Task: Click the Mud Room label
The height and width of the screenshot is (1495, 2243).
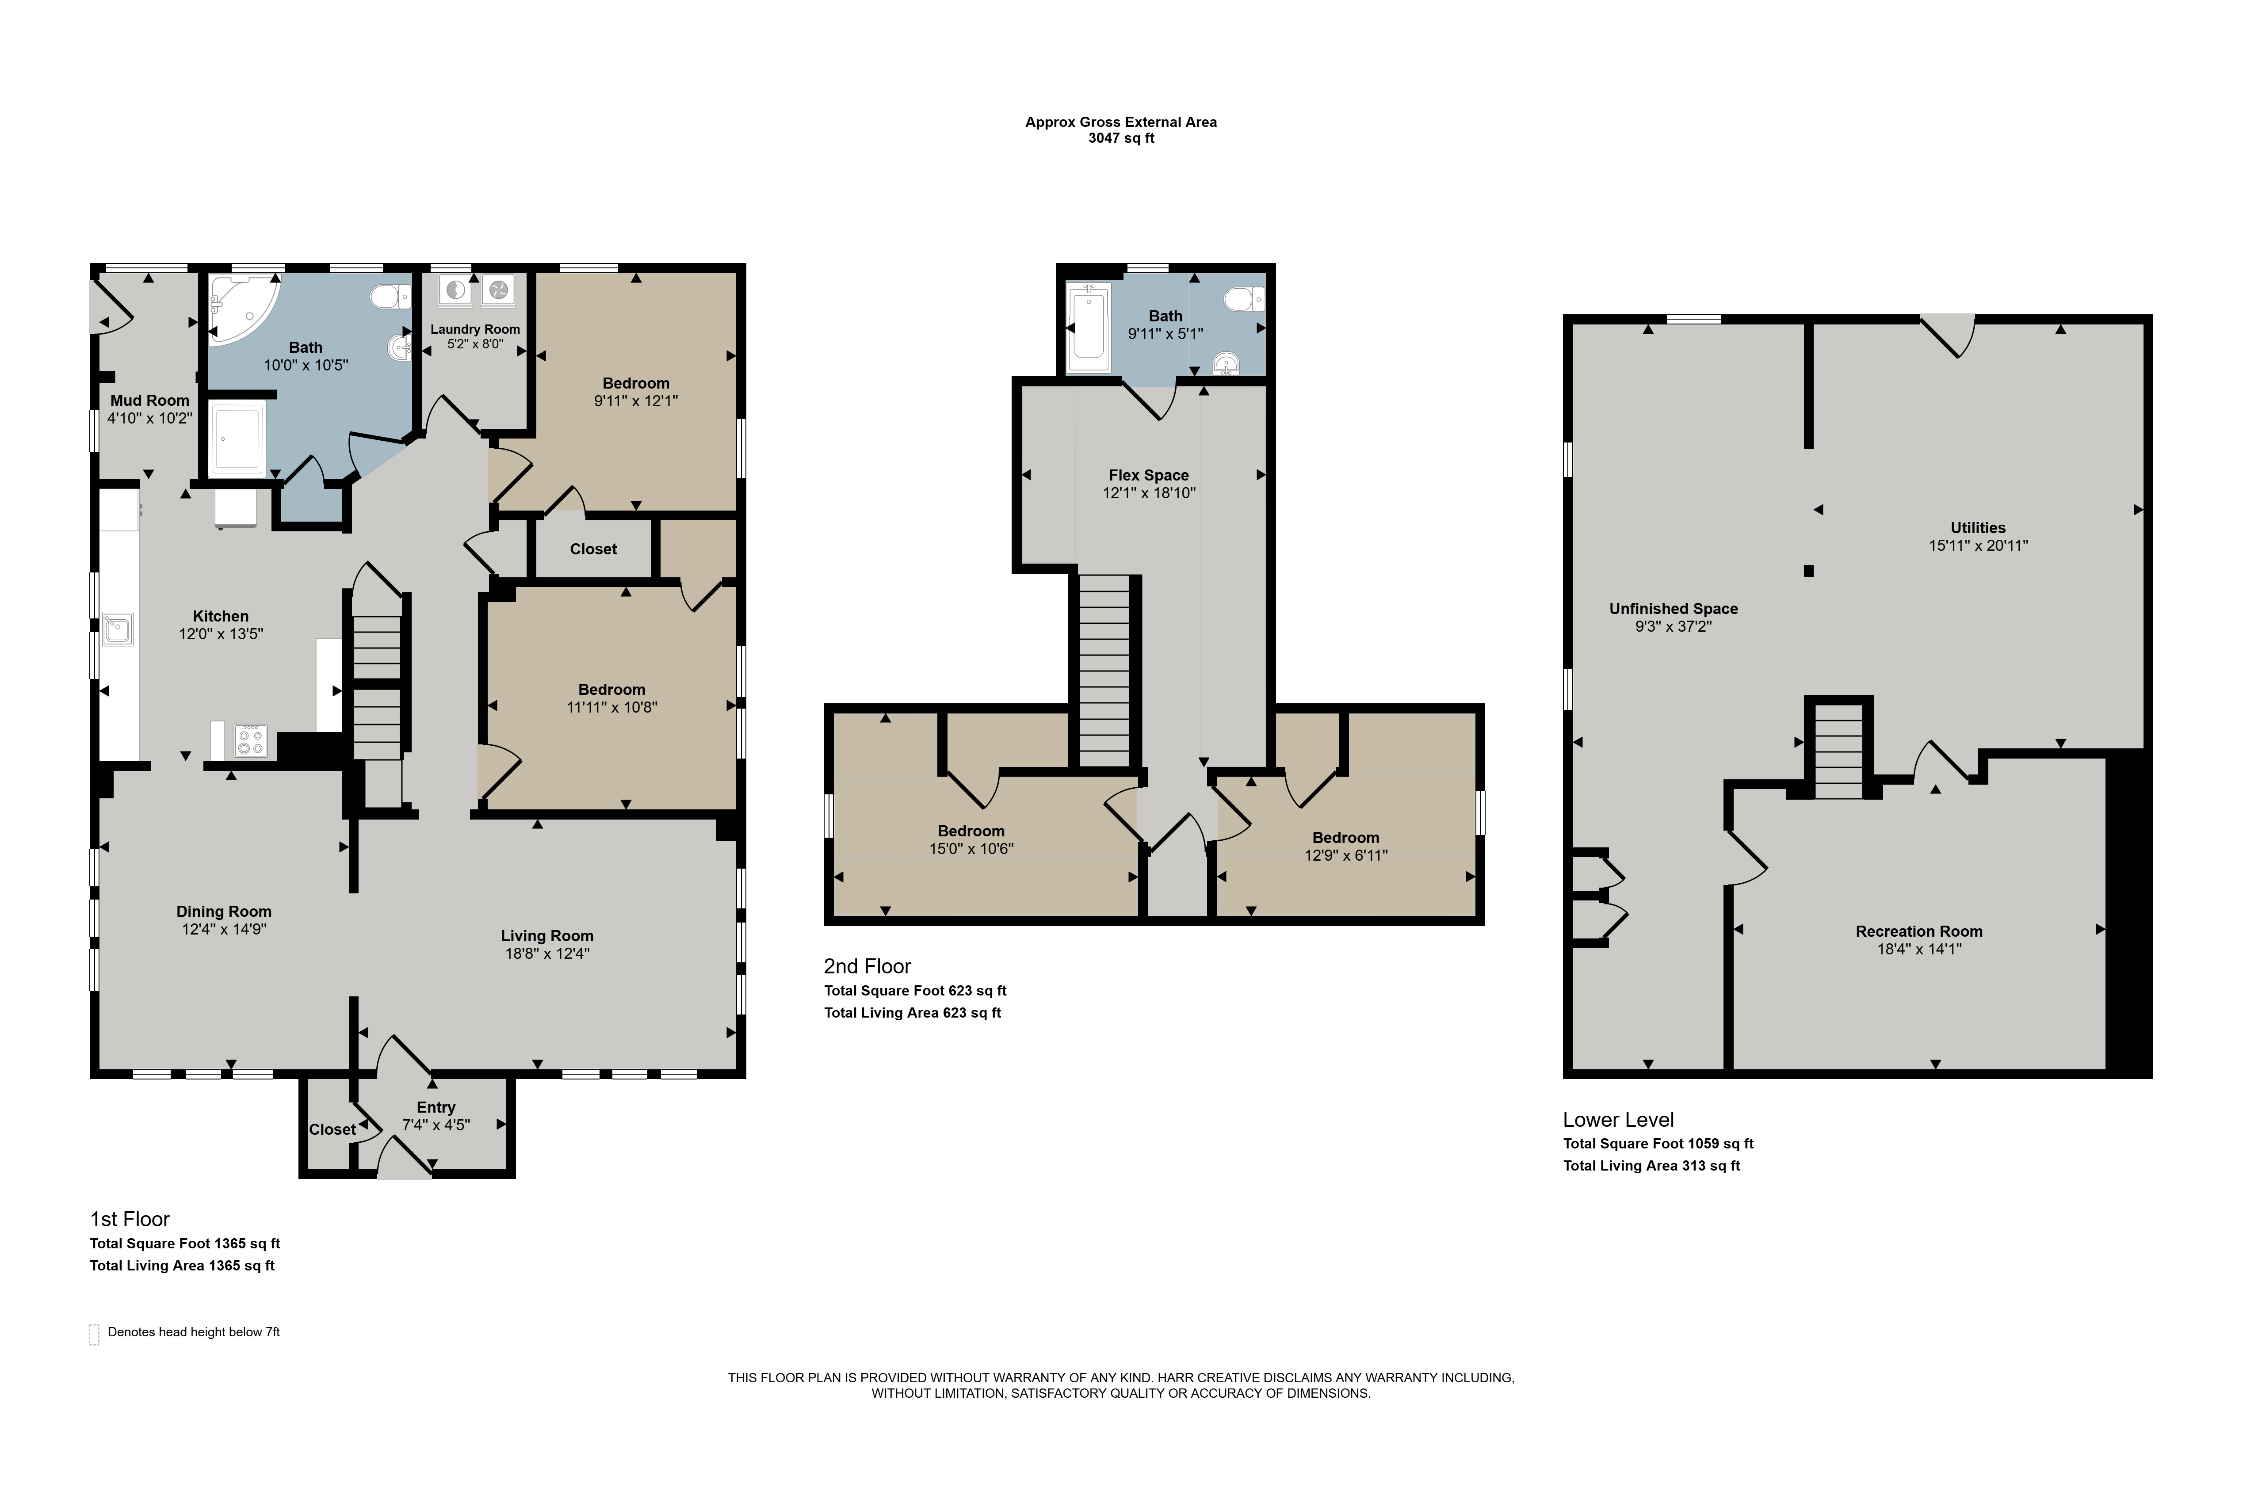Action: pyautogui.click(x=150, y=400)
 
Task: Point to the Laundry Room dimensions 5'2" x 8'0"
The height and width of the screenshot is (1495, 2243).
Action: pyautogui.click(x=475, y=344)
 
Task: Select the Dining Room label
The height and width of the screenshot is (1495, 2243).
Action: pyautogui.click(x=224, y=911)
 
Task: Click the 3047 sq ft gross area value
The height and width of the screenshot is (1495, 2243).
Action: pyautogui.click(x=1121, y=138)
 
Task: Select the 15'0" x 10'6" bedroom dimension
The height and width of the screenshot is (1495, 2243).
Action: pyautogui.click(x=972, y=849)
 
